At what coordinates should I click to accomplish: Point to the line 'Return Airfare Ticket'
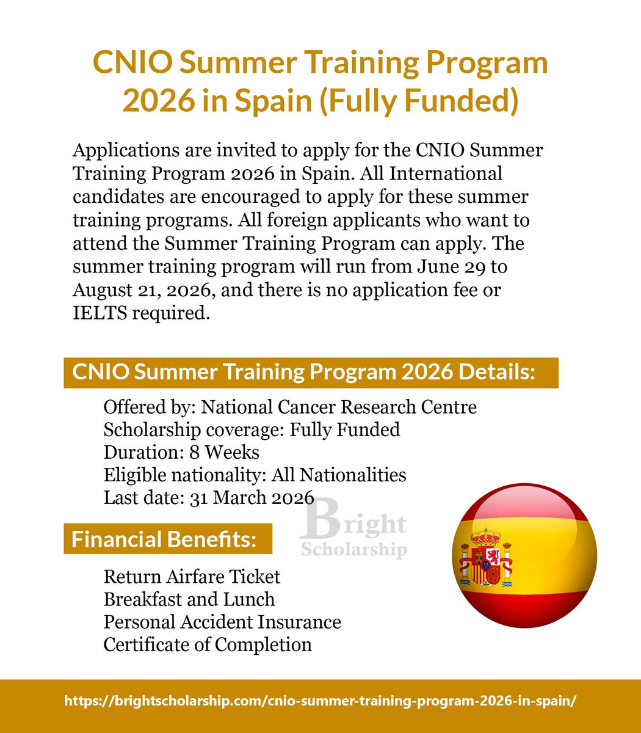(192, 577)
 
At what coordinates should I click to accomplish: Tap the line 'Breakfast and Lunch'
(189, 599)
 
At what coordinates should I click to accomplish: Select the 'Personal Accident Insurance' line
(222, 622)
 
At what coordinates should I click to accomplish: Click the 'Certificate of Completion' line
(208, 644)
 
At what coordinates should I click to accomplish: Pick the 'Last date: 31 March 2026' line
(209, 498)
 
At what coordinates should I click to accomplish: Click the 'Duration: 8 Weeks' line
(181, 453)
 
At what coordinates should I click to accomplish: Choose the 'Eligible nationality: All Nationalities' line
(255, 475)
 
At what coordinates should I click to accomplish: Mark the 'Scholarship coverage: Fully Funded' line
(252, 429)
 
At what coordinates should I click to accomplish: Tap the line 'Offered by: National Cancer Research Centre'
(290, 407)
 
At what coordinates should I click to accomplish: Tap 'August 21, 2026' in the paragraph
(143, 290)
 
